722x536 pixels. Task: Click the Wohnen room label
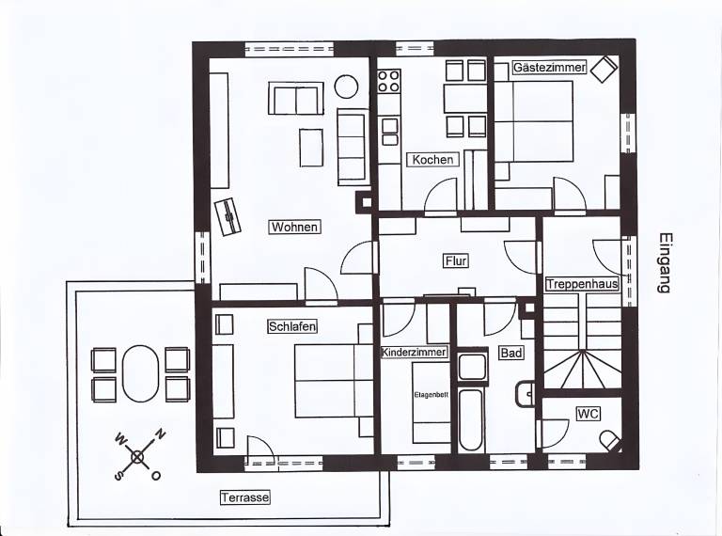click(294, 227)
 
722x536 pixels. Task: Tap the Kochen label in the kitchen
click(432, 160)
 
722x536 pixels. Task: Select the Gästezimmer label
click(549, 67)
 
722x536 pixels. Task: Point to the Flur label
click(456, 261)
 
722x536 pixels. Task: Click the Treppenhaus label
click(582, 284)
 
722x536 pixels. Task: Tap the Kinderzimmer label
click(415, 353)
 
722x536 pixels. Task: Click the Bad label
click(511, 354)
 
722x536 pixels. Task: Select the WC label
click(589, 414)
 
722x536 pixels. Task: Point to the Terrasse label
click(245, 497)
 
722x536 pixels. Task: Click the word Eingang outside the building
click(665, 263)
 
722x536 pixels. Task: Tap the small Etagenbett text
click(431, 395)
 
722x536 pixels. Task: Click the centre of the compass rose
click(137, 457)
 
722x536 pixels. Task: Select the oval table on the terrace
click(140, 373)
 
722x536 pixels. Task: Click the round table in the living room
click(346, 87)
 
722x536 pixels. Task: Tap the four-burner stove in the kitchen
click(388, 81)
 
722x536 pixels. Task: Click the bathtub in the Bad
click(471, 420)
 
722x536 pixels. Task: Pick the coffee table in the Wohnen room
click(311, 148)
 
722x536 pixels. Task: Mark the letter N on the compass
click(160, 434)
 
